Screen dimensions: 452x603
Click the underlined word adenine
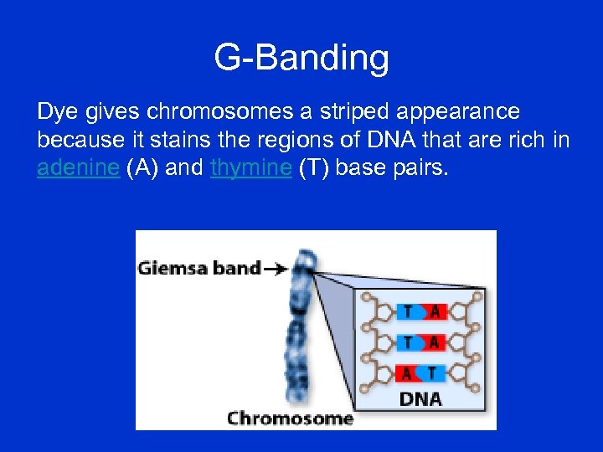pyautogui.click(x=79, y=167)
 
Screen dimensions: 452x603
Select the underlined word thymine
pyautogui.click(x=250, y=167)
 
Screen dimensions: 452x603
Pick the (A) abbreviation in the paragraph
pyautogui.click(x=142, y=167)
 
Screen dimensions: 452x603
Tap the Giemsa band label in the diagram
pyautogui.click(x=199, y=269)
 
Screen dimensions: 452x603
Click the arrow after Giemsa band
pyautogui.click(x=276, y=269)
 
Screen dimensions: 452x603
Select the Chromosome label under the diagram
pyautogui.click(x=290, y=418)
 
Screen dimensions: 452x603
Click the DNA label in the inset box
pyautogui.click(x=420, y=398)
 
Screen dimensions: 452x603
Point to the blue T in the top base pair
pyautogui.click(x=408, y=312)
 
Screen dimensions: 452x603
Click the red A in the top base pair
pyautogui.click(x=433, y=312)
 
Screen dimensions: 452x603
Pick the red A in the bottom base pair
pyautogui.click(x=408, y=372)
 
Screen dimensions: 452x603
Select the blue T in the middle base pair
pyautogui.click(x=408, y=342)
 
